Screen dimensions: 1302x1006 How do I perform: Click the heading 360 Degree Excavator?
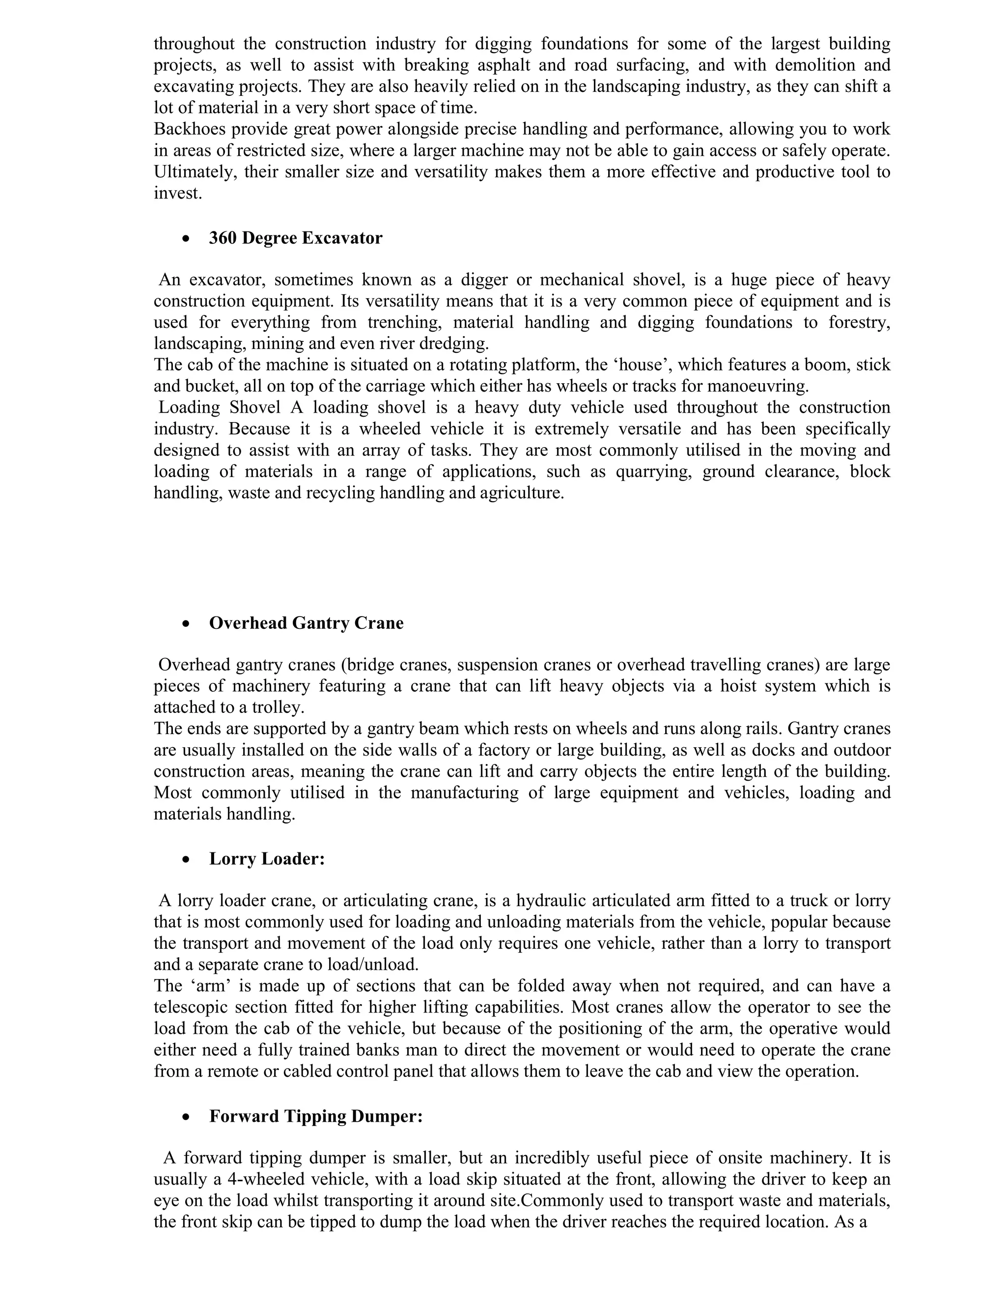click(295, 238)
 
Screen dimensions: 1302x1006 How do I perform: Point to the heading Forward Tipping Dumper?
click(315, 1116)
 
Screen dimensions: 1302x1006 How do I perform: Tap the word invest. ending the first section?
click(178, 193)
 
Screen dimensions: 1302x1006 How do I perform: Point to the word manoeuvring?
click(757, 386)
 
